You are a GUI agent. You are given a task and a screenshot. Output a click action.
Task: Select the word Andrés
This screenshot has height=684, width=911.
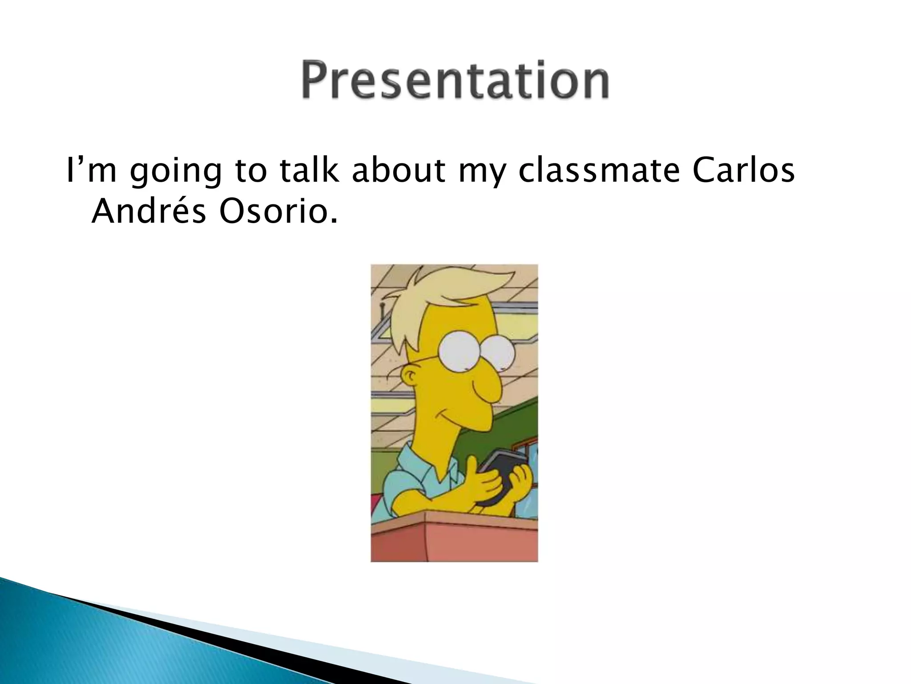point(149,212)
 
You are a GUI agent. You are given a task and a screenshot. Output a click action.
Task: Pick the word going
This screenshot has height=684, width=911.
point(175,172)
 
